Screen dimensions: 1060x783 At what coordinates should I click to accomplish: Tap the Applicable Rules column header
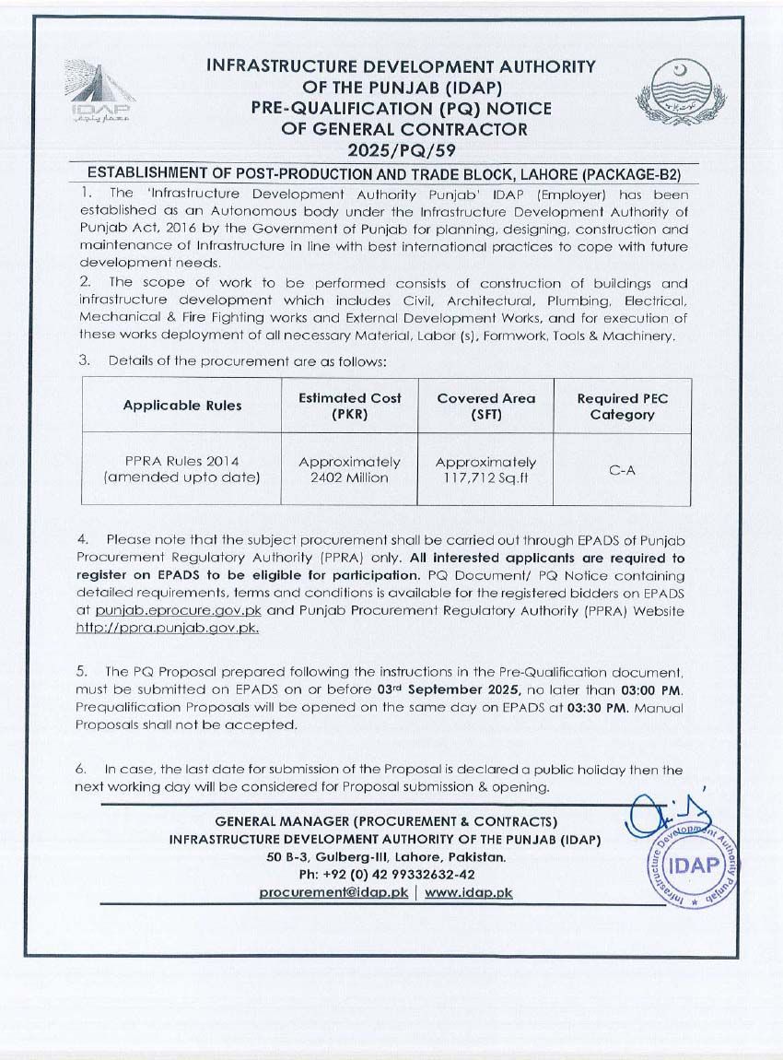point(182,406)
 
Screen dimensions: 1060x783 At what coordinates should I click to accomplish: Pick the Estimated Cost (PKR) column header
point(350,406)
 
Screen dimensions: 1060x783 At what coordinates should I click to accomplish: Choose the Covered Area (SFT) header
point(485,406)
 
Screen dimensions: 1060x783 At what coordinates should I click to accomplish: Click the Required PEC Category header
point(622,406)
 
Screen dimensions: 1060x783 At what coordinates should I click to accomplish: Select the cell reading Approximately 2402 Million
point(350,469)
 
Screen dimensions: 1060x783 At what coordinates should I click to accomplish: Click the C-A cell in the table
point(622,469)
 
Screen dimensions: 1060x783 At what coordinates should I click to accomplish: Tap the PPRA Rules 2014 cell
point(182,469)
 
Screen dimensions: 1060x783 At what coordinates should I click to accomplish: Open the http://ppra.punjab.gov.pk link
point(167,627)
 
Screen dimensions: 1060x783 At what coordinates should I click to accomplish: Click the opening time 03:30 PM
point(603,708)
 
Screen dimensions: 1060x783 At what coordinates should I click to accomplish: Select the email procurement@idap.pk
point(333,892)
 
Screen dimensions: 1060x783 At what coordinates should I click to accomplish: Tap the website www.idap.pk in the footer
point(469,892)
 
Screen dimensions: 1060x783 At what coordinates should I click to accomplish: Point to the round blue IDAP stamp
point(693,864)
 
